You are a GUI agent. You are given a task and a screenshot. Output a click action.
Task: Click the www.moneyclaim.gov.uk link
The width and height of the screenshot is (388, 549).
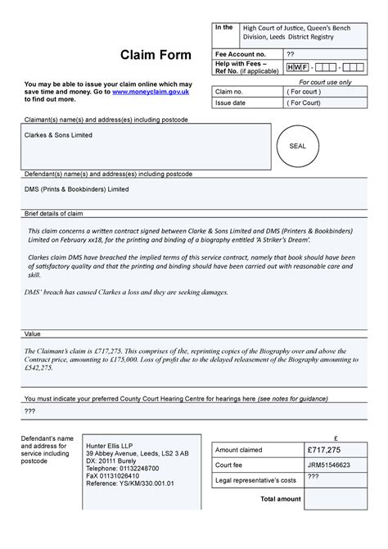coord(151,92)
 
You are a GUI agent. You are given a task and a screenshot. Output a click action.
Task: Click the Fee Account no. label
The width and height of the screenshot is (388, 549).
coord(241,53)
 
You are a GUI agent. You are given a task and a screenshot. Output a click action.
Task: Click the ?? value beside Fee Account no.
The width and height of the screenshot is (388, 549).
coord(290,53)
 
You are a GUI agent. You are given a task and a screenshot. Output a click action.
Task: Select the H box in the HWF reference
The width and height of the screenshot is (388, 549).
coord(290,66)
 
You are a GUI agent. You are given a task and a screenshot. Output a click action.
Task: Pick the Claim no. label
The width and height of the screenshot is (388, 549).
coord(229,92)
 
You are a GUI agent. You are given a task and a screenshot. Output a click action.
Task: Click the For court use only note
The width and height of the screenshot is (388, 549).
coord(325,82)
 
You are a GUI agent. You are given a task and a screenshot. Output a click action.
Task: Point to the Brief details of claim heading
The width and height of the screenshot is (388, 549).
coord(53,214)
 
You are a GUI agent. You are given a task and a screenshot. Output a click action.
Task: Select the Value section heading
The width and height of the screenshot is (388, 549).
coord(33,334)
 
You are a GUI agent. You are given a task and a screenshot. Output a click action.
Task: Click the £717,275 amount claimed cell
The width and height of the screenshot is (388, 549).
coord(324,450)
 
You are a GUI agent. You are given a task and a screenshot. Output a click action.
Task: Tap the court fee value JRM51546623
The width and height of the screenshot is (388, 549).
coord(329,465)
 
